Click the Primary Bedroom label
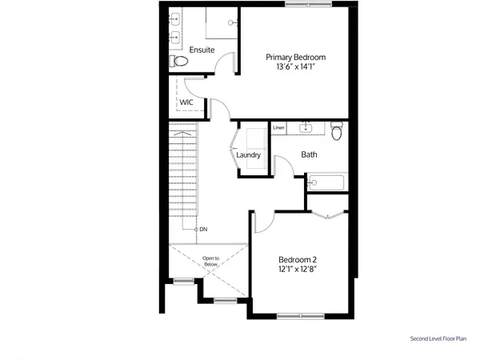[296, 57]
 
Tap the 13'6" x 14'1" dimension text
[296, 67]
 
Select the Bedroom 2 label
[298, 259]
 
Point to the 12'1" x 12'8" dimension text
[298, 270]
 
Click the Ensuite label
[201, 50]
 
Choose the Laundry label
[249, 155]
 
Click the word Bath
[310, 154]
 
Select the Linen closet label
[278, 128]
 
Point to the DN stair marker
[203, 230]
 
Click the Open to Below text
[210, 261]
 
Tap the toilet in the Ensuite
[179, 62]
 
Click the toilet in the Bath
[337, 130]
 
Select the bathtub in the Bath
[325, 182]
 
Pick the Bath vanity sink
[306, 127]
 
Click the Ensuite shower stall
[222, 23]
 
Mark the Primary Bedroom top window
[308, 5]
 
